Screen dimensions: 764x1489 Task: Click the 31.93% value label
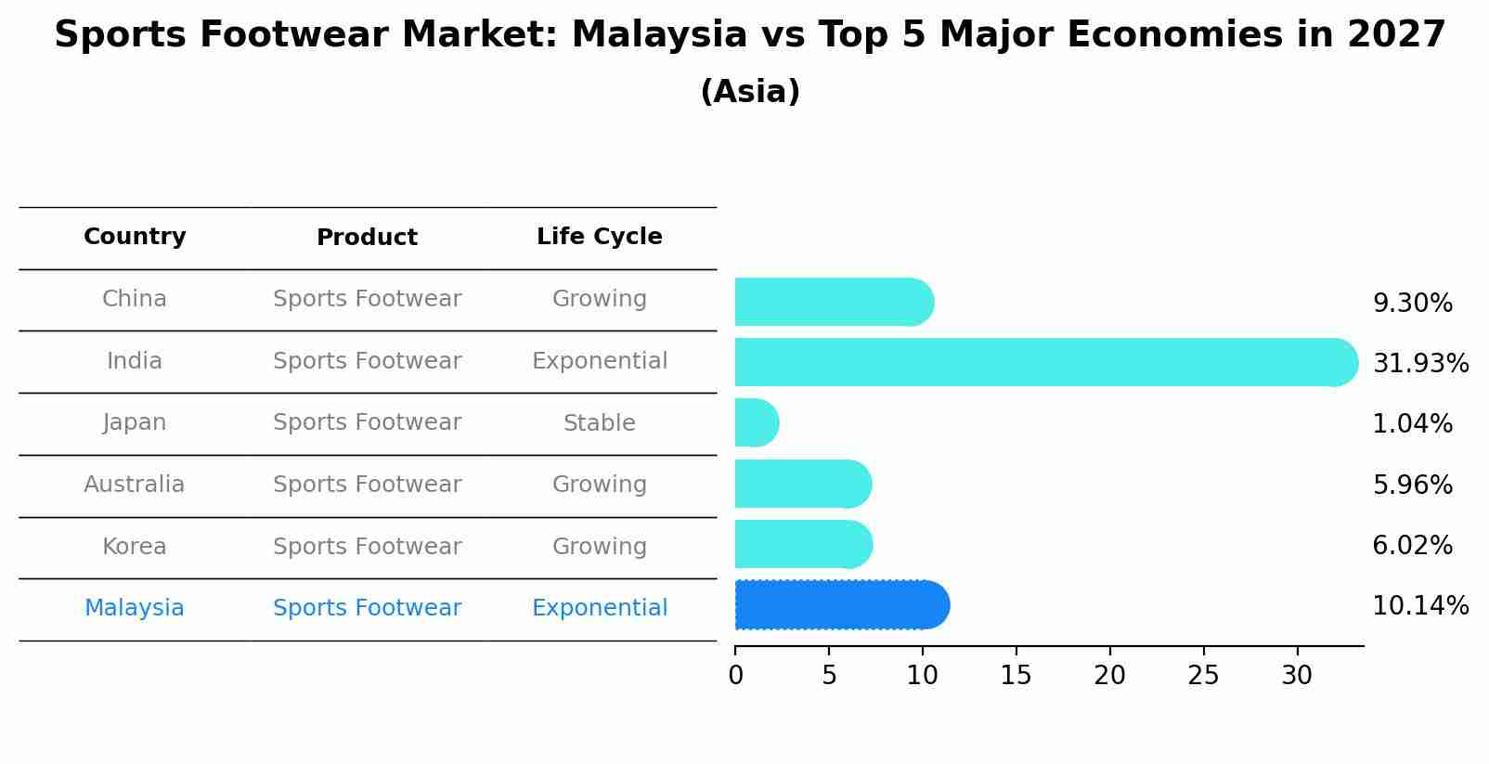coord(1420,363)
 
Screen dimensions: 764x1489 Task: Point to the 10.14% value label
coord(1420,606)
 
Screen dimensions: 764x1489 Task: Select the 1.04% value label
coord(1412,424)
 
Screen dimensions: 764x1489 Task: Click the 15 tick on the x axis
coord(1016,675)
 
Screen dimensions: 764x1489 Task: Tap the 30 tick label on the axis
coord(1297,675)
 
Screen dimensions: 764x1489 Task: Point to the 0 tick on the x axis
coord(735,675)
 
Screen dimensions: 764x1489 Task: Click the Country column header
coord(135,237)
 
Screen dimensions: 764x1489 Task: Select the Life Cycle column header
coord(600,237)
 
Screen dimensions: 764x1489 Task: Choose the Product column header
coord(367,238)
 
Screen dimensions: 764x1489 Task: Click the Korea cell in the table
coord(135,547)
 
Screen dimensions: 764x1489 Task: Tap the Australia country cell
coord(135,485)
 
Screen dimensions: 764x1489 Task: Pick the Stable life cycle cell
coord(600,423)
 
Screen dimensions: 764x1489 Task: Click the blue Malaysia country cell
coord(135,608)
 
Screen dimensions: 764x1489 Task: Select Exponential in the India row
coord(600,361)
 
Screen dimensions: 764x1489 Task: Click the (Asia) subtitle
coord(750,92)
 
